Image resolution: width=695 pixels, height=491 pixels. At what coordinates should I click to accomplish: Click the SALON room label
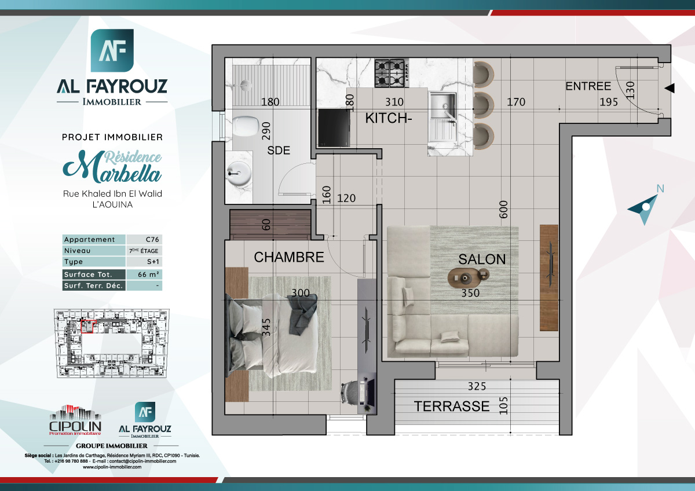[482, 259]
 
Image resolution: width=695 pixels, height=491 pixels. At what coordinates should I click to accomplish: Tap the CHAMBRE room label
[289, 257]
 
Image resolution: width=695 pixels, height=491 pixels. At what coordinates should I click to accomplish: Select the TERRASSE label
[452, 406]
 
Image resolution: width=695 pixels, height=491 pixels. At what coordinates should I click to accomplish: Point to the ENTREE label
[588, 86]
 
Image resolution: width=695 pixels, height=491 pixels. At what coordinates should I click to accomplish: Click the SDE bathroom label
[279, 151]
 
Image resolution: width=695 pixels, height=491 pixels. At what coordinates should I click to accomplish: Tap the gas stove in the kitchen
[390, 72]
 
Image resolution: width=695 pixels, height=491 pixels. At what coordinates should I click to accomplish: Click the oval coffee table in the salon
[468, 279]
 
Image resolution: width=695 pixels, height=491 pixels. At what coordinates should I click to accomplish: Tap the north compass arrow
[645, 208]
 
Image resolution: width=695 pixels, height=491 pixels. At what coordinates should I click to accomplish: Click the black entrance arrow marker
[670, 88]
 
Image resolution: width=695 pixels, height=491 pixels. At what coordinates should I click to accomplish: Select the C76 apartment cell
[144, 240]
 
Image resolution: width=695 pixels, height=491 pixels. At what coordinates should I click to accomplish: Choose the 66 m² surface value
[144, 274]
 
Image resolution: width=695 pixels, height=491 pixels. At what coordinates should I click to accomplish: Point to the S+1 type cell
[144, 262]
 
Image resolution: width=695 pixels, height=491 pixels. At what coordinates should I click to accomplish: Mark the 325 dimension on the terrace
[477, 386]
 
